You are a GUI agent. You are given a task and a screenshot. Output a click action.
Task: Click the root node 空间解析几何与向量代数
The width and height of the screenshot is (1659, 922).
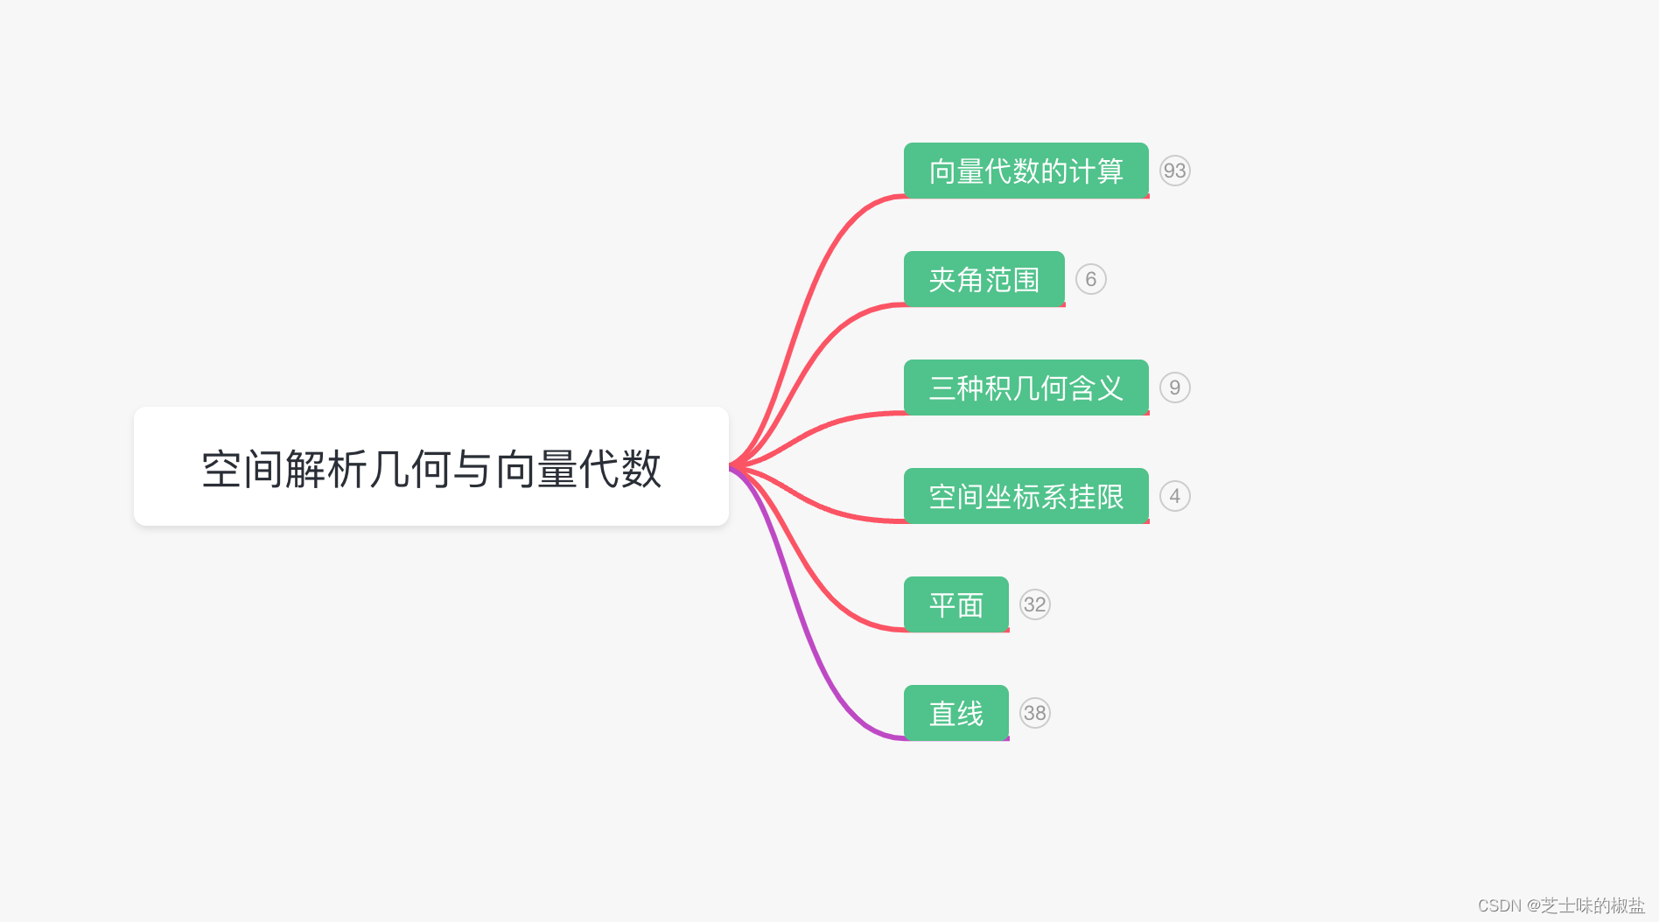(430, 466)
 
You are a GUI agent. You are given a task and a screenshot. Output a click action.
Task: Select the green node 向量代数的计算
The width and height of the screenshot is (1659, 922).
(1025, 171)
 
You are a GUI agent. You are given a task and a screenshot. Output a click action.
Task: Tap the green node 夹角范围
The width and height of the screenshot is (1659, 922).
(983, 279)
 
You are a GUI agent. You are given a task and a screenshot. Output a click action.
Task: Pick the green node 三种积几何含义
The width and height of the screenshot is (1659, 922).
(1025, 388)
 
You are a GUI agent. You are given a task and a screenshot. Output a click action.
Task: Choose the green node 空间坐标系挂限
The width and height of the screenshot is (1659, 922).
(1025, 496)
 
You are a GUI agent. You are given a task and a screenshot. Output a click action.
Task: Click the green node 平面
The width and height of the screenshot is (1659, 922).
(955, 604)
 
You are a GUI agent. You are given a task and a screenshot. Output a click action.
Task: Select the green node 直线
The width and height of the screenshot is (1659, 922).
(955, 713)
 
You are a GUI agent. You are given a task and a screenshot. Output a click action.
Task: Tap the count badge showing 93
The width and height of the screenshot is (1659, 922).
(1174, 171)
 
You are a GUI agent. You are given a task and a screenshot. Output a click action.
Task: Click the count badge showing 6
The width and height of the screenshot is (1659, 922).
(1090, 279)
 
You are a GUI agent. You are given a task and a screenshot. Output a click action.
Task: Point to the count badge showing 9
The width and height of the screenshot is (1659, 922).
(1174, 388)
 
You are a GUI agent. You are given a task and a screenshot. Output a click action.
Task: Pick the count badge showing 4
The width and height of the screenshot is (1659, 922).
(1174, 496)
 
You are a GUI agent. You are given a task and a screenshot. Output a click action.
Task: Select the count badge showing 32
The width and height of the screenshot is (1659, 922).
(1034, 604)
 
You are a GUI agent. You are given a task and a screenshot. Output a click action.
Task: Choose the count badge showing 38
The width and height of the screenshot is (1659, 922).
(1034, 713)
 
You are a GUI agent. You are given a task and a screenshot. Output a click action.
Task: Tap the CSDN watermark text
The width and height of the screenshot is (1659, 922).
(1561, 905)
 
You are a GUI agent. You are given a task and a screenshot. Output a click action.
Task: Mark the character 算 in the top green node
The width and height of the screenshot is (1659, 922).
(1109, 171)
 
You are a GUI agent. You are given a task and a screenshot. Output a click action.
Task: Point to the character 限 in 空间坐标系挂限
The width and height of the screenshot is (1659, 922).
(1109, 497)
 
